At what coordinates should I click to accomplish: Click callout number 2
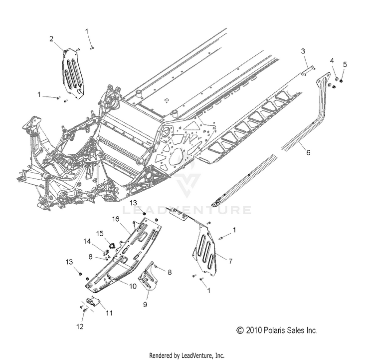pyautogui.click(x=51, y=38)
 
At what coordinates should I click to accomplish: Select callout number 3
pyautogui.click(x=303, y=51)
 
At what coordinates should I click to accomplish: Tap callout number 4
pyautogui.click(x=332, y=61)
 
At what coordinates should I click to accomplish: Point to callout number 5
pyautogui.click(x=345, y=64)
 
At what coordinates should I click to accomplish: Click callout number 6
pyautogui.click(x=308, y=152)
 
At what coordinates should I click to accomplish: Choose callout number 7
pyautogui.click(x=230, y=261)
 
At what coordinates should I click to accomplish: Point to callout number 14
pyautogui.click(x=87, y=241)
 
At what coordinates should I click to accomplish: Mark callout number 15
pyautogui.click(x=100, y=233)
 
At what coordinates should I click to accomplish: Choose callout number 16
pyautogui.click(x=115, y=219)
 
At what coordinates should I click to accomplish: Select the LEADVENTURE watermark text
pyautogui.click(x=187, y=210)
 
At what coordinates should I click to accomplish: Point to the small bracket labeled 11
pyautogui.click(x=93, y=302)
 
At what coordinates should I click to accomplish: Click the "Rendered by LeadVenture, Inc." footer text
pyautogui.click(x=187, y=355)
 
